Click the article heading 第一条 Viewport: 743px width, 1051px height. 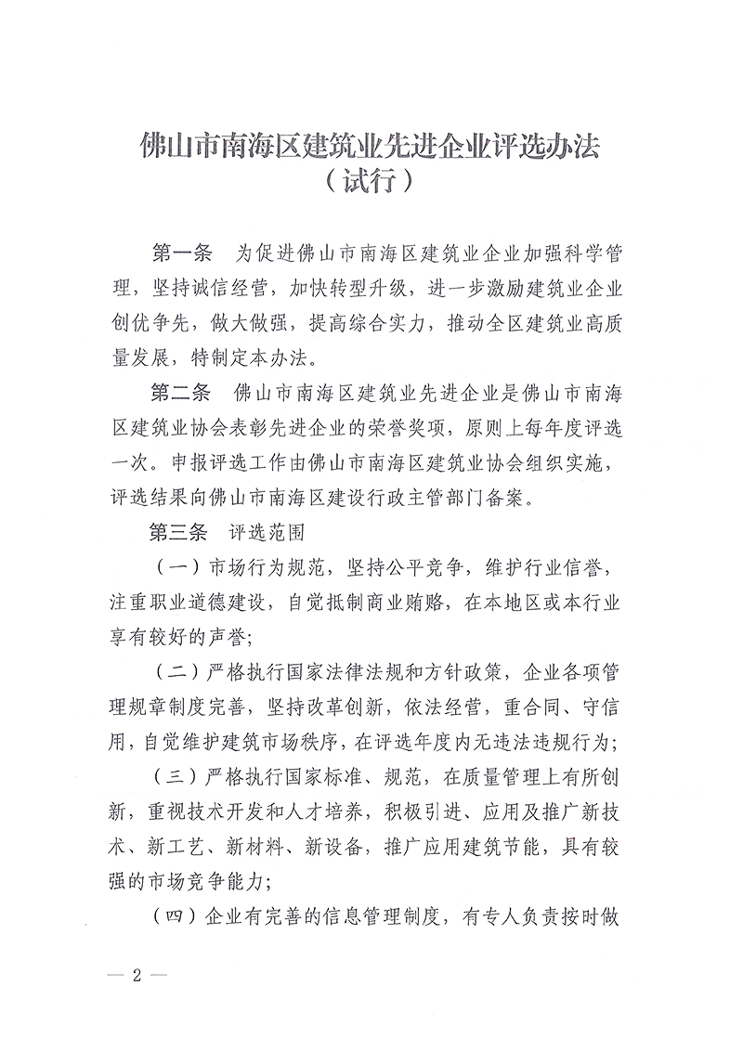(x=181, y=253)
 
